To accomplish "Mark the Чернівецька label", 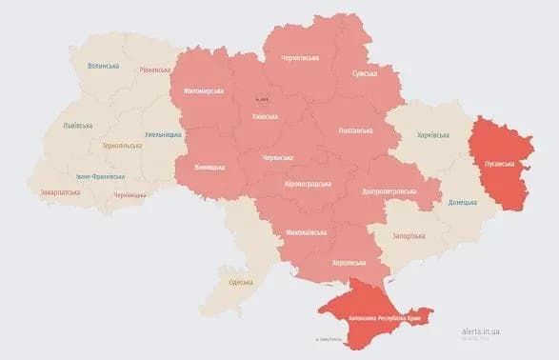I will (130, 195).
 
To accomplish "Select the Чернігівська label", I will (300, 57).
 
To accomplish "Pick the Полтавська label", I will (357, 130).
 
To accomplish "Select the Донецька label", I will (463, 202).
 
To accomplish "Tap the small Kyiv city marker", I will (262, 99).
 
